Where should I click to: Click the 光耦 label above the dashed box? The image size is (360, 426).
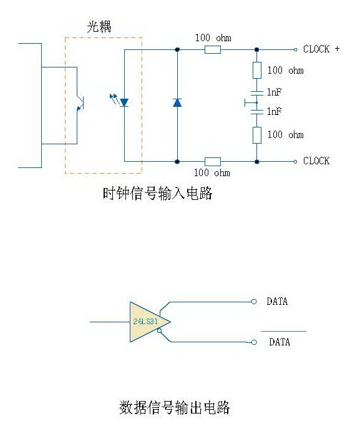(x=99, y=27)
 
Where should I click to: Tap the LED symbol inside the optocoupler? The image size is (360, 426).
(x=124, y=102)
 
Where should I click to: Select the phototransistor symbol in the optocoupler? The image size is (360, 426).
(x=80, y=103)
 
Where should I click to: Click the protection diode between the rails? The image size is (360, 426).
(x=177, y=102)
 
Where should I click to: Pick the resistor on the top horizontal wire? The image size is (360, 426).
(x=212, y=50)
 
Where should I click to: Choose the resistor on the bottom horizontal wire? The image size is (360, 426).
(x=212, y=162)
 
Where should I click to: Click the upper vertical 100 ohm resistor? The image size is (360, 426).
(x=257, y=70)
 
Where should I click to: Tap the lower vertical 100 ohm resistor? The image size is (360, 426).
(x=257, y=135)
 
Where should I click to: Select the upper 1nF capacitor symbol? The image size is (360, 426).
(x=257, y=93)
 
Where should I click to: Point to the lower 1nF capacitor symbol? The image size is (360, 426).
(x=257, y=112)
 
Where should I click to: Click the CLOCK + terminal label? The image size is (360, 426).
(x=321, y=49)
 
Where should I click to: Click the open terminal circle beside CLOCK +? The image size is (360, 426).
(x=296, y=50)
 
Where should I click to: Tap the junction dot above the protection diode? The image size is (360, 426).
(x=177, y=50)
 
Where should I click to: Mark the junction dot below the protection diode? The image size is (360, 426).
(x=177, y=162)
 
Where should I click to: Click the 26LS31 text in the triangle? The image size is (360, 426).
(x=145, y=322)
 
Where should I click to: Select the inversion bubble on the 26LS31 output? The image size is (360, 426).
(x=159, y=331)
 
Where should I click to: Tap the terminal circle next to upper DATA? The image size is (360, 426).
(x=254, y=302)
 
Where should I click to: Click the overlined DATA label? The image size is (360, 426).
(x=280, y=342)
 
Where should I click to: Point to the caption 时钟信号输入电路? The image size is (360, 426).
(x=157, y=194)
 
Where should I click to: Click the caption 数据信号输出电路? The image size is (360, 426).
(x=175, y=407)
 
